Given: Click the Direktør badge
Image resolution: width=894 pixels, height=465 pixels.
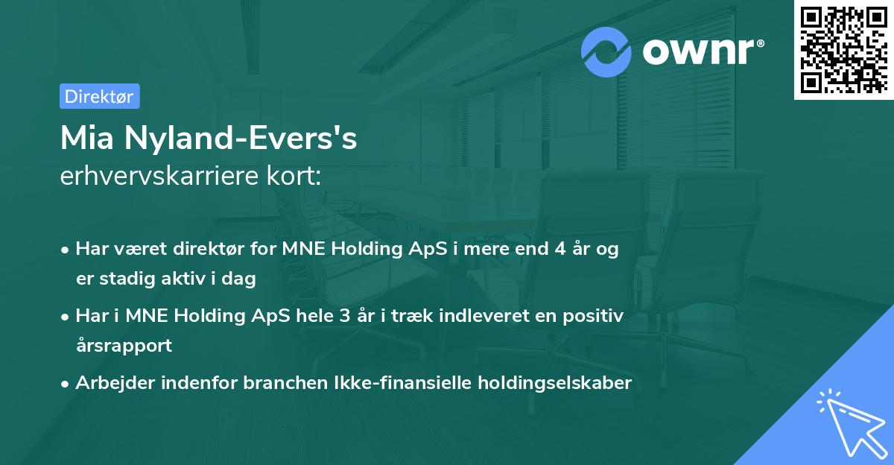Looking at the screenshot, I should [x=99, y=96].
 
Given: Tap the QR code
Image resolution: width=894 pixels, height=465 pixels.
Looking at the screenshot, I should [x=844, y=49].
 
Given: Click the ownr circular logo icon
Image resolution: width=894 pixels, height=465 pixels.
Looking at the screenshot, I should [x=606, y=51].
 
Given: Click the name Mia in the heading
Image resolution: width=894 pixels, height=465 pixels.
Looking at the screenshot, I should [x=86, y=139].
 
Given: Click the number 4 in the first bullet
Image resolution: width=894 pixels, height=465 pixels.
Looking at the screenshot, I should [x=559, y=249].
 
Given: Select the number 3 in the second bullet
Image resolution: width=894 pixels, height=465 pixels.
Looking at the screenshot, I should [x=344, y=316].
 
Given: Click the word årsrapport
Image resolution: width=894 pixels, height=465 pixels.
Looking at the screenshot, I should [x=124, y=346].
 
